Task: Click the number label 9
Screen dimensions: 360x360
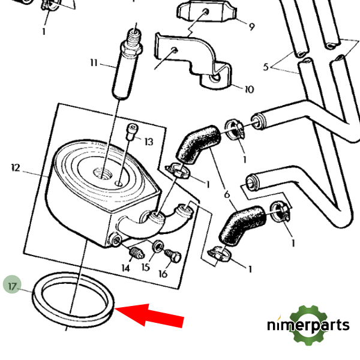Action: (251, 26)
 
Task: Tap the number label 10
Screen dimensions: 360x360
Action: (249, 89)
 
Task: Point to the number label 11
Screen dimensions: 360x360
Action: (94, 62)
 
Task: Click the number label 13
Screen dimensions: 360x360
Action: (148, 142)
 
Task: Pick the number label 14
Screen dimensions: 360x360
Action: (125, 268)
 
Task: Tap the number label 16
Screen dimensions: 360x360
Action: (163, 274)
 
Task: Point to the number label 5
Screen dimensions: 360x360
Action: (266, 67)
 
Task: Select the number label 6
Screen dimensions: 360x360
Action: (227, 194)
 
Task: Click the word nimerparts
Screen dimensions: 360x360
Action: (308, 326)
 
